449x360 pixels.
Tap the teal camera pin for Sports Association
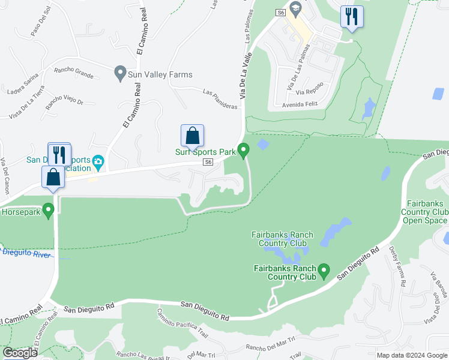98,161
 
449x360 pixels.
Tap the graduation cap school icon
295,8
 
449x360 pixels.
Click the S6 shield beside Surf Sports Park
208,162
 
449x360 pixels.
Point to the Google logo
20,353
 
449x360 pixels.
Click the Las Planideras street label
220,99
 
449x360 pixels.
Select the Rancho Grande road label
73,72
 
